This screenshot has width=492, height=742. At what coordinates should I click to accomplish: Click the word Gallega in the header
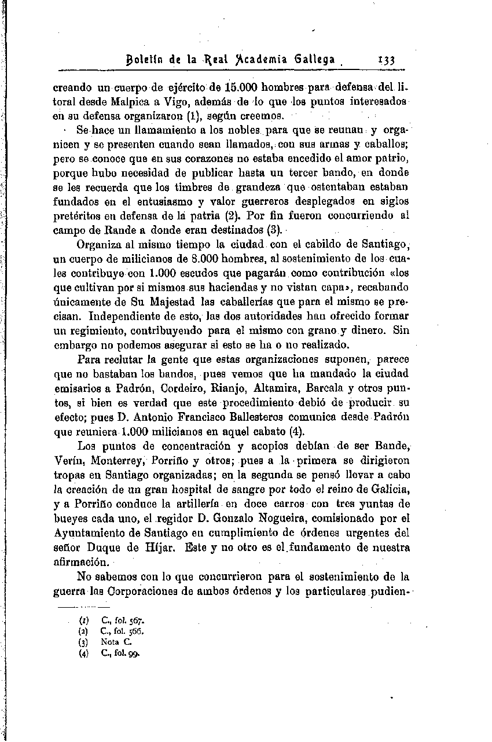pyautogui.click(x=317, y=60)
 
